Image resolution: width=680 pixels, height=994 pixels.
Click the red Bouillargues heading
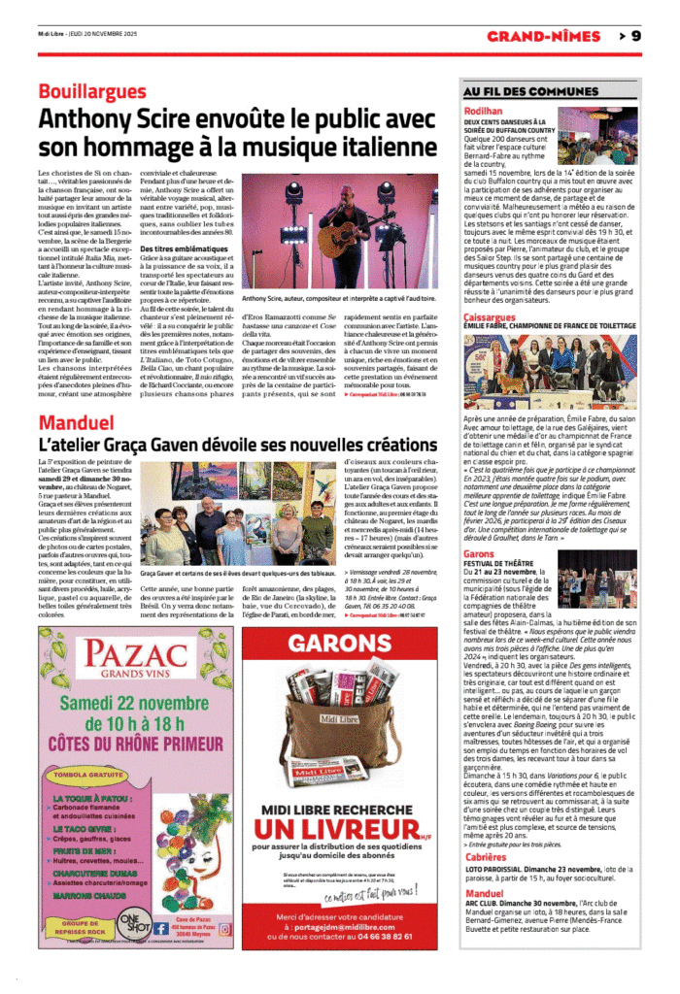pos(92,90)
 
